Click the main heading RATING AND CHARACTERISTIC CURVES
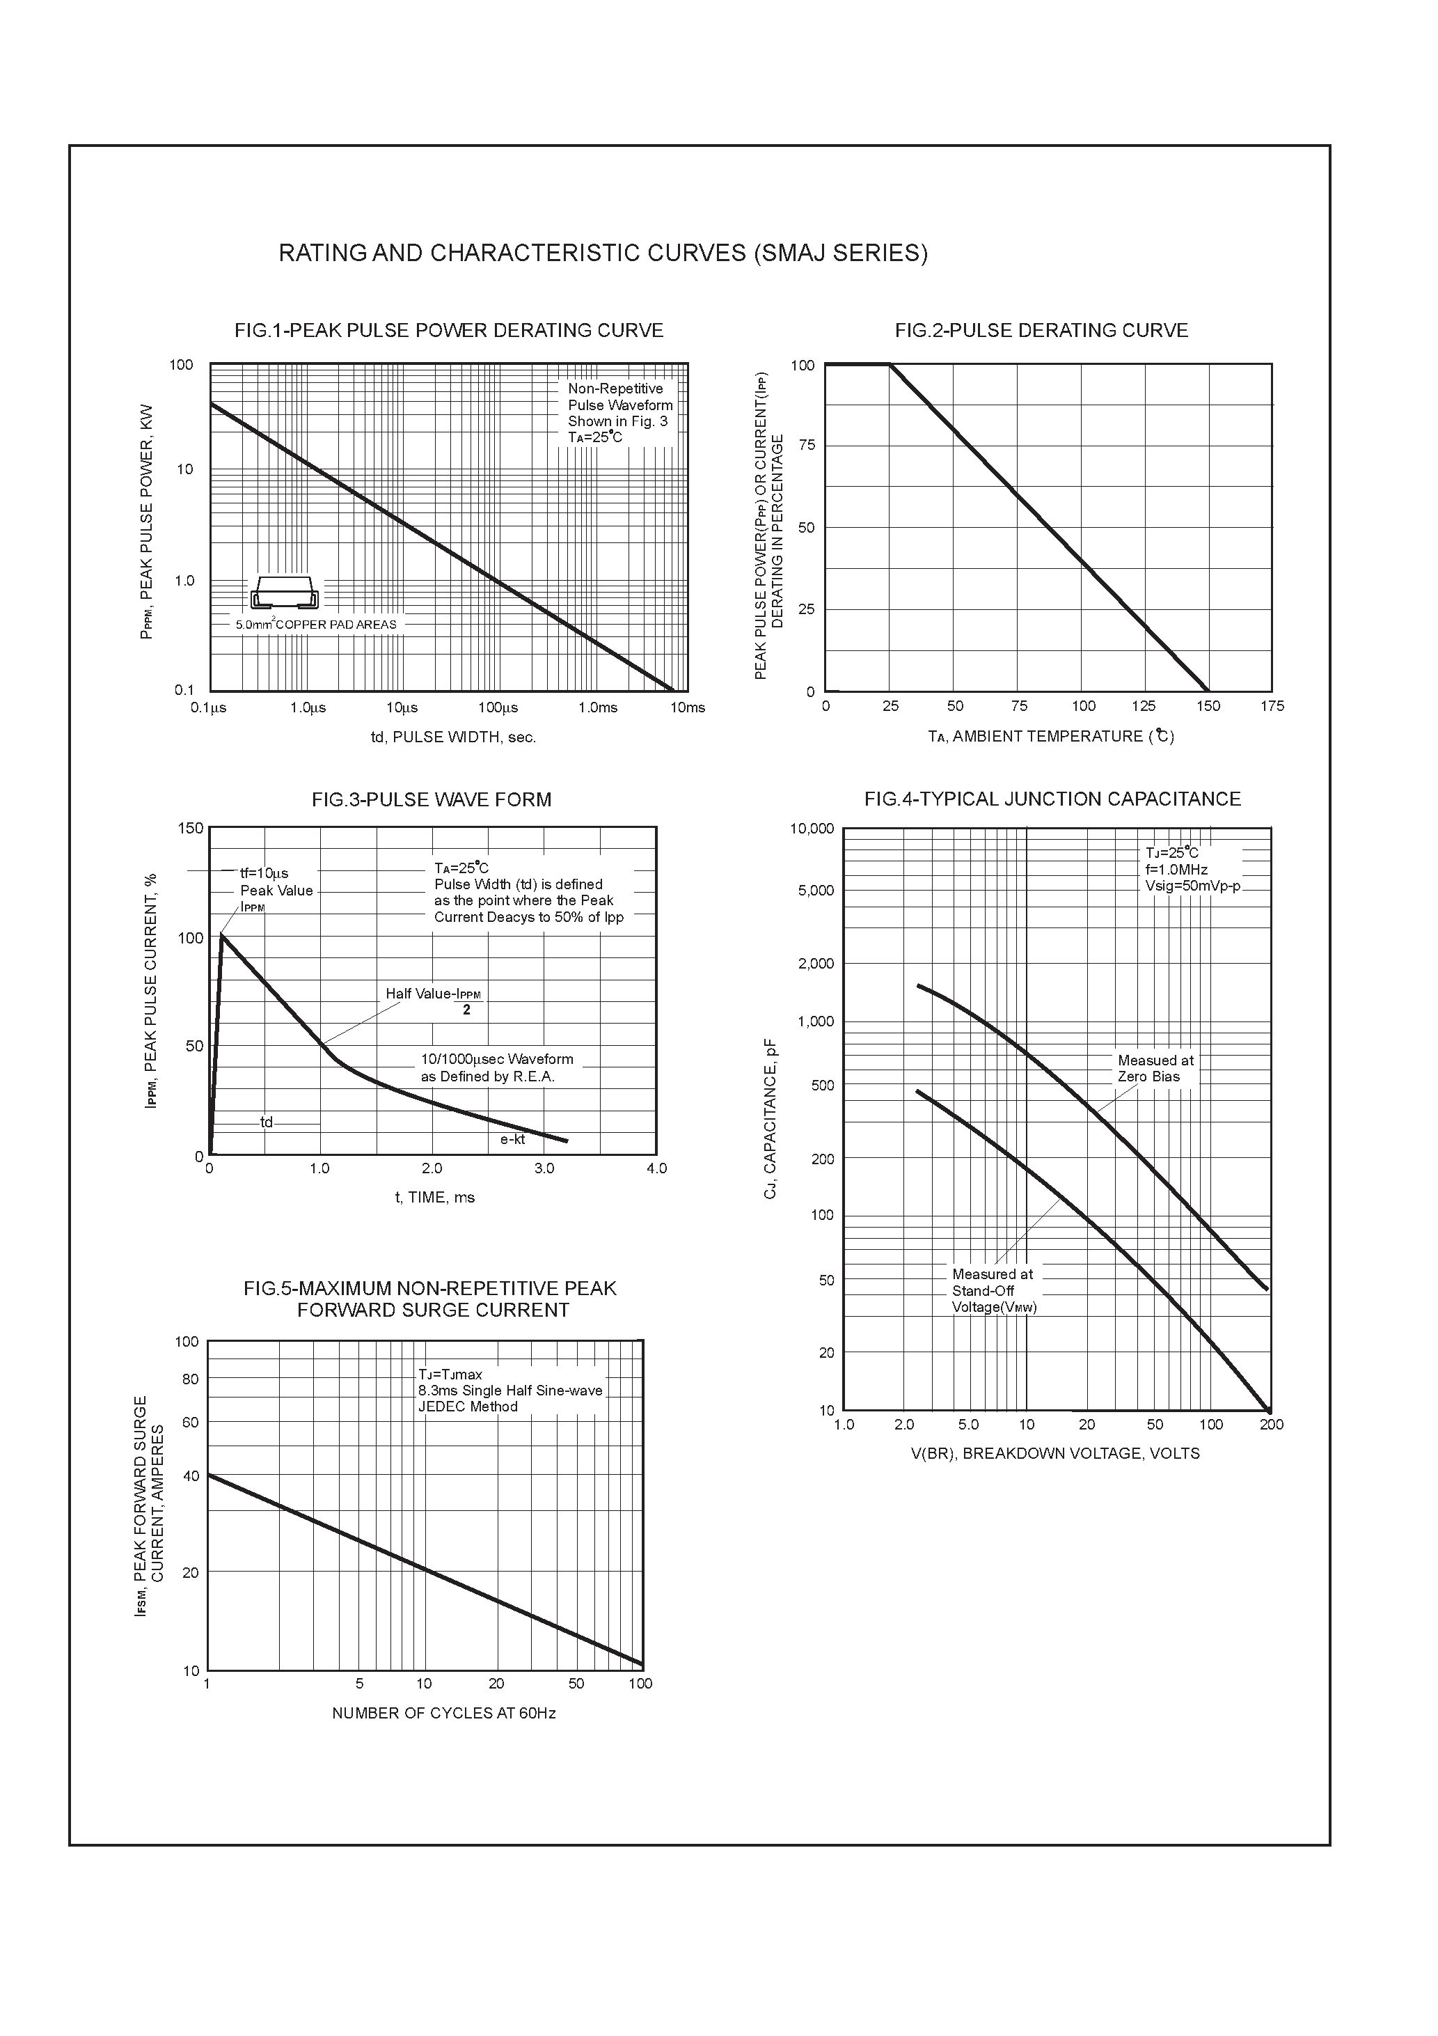pos(603,253)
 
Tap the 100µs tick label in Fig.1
pos(498,707)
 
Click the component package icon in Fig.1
pos(285,593)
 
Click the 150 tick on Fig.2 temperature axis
pos(1208,706)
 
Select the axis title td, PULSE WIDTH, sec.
pos(453,737)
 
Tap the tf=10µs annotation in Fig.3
pos(264,873)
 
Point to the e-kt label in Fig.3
pos(512,1139)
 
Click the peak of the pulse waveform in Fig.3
pos(221,934)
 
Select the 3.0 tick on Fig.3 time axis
pos(544,1168)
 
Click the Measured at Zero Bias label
pos(1155,1069)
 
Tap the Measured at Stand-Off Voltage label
pos(994,1290)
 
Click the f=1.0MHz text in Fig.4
pos(1176,870)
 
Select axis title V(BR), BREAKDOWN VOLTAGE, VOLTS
pos(1055,1453)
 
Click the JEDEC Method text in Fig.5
pos(468,1407)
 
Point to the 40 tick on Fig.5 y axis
pos(191,1476)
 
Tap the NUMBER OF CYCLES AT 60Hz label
pos(443,1713)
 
